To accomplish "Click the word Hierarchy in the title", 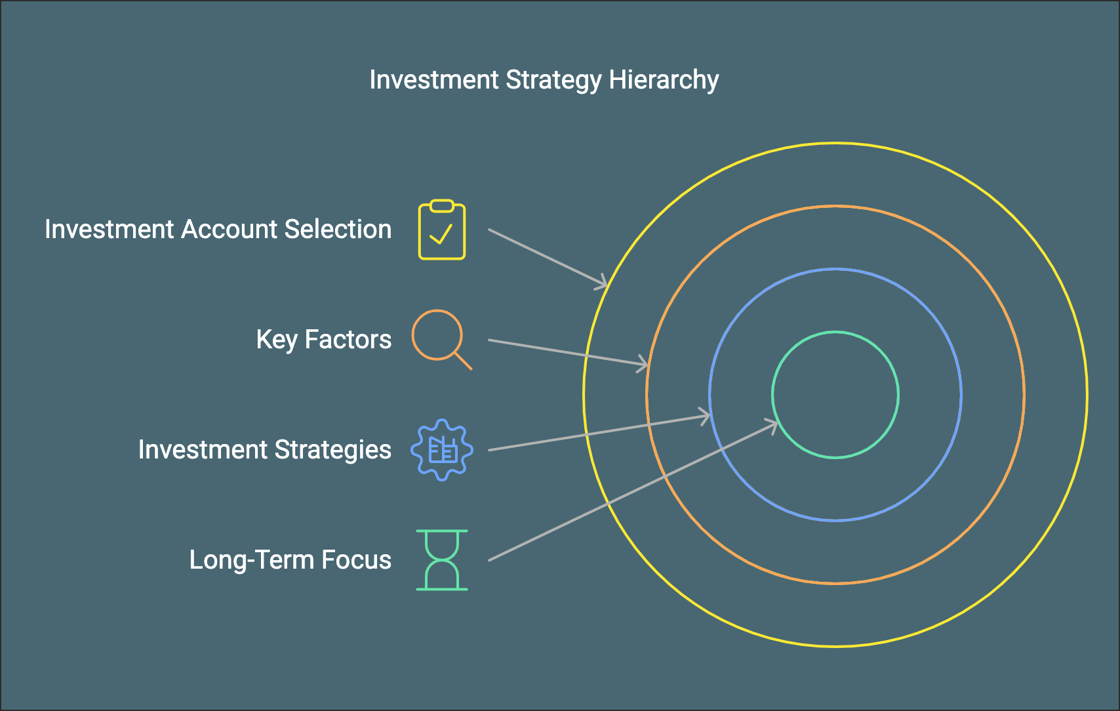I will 664,80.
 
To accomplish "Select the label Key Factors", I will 323,340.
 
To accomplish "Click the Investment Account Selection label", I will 218,230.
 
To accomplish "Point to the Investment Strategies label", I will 264,450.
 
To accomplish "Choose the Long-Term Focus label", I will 290,560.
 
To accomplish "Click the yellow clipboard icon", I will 442,230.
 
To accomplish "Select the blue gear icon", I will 442,450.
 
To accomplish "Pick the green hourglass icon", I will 442,560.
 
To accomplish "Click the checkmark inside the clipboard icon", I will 441,234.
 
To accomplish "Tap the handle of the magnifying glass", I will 463,361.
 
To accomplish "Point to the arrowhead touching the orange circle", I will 643,364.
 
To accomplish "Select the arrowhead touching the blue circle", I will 705,416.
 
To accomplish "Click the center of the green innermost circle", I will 835,394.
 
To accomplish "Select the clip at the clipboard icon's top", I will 442,206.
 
